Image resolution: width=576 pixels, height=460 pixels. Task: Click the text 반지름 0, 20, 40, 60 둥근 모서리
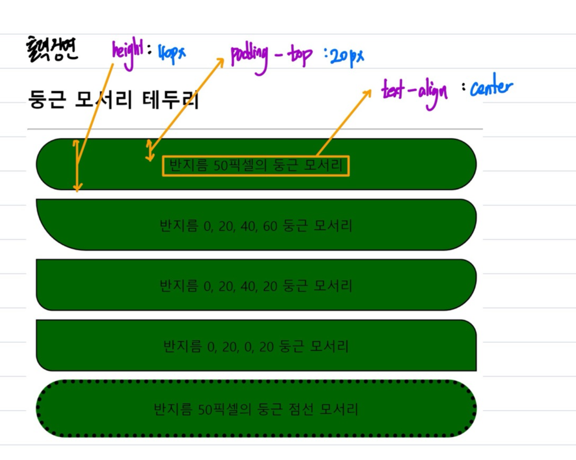[255, 226]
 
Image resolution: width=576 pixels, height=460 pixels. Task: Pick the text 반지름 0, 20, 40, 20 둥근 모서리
[255, 287]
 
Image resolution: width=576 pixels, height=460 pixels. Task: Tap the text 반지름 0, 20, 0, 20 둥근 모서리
[255, 347]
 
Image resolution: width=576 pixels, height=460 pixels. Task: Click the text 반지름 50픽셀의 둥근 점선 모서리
[255, 410]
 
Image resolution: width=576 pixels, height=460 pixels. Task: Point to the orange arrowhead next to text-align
[367, 93]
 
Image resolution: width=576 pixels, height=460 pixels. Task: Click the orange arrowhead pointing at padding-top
[221, 60]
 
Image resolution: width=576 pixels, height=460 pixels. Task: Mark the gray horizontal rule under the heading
[255, 129]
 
